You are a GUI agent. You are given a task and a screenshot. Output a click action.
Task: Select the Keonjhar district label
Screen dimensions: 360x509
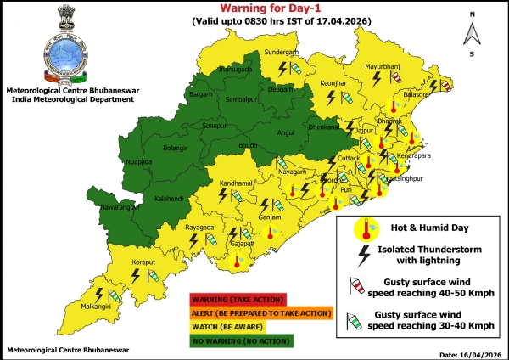(336, 84)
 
